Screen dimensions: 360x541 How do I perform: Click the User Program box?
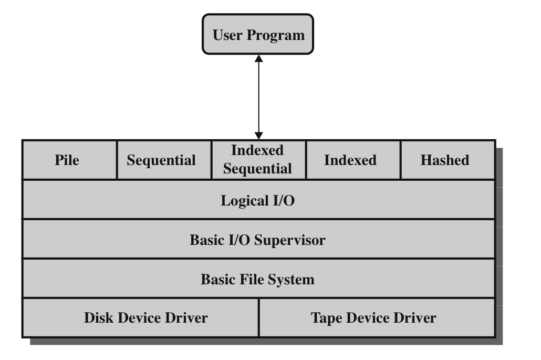(x=258, y=35)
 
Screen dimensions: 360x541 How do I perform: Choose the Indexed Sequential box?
(x=258, y=160)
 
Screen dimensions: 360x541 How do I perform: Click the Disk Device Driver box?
(x=140, y=318)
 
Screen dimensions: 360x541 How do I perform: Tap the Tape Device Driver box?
(x=377, y=318)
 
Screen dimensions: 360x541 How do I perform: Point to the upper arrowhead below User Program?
(x=258, y=58)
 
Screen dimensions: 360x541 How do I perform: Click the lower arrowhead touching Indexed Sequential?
(x=258, y=136)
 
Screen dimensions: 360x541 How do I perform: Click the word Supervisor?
(x=294, y=240)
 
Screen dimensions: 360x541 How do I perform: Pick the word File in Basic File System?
(x=250, y=279)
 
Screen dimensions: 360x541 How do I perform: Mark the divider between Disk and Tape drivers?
(x=259, y=318)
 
